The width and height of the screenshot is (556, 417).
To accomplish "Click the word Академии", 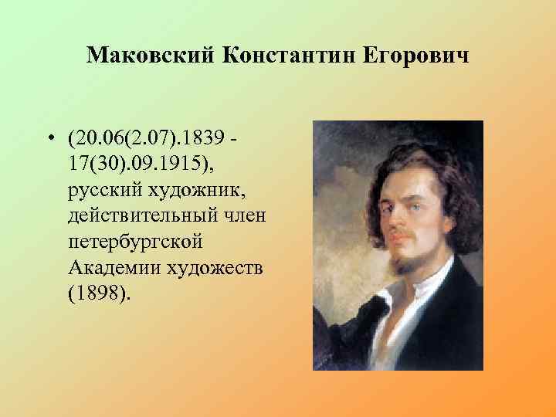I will (x=111, y=267).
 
